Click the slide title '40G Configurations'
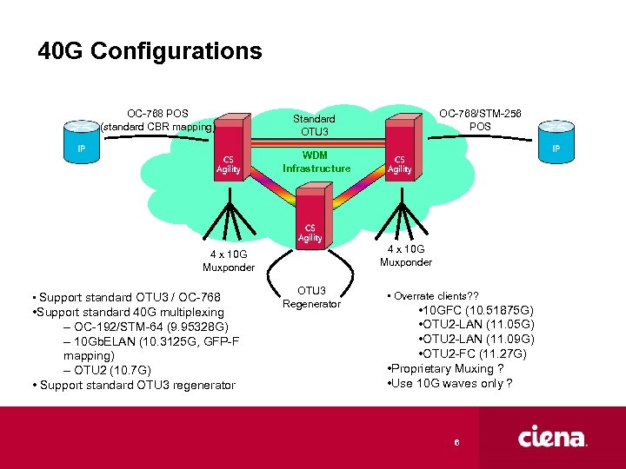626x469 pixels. (150, 51)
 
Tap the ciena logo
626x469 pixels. (553, 436)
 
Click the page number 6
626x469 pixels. (456, 443)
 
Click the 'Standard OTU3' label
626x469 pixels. (314, 125)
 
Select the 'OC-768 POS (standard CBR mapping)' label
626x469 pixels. (157, 120)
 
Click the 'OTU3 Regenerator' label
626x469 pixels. (312, 297)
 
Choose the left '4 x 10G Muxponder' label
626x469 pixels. (229, 261)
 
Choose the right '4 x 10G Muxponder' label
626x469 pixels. (406, 255)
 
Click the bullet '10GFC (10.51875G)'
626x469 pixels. (476, 310)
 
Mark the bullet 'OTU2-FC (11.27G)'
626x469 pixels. (476, 353)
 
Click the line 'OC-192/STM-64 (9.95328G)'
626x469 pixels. (146, 327)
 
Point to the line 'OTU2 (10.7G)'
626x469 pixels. (108, 371)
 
